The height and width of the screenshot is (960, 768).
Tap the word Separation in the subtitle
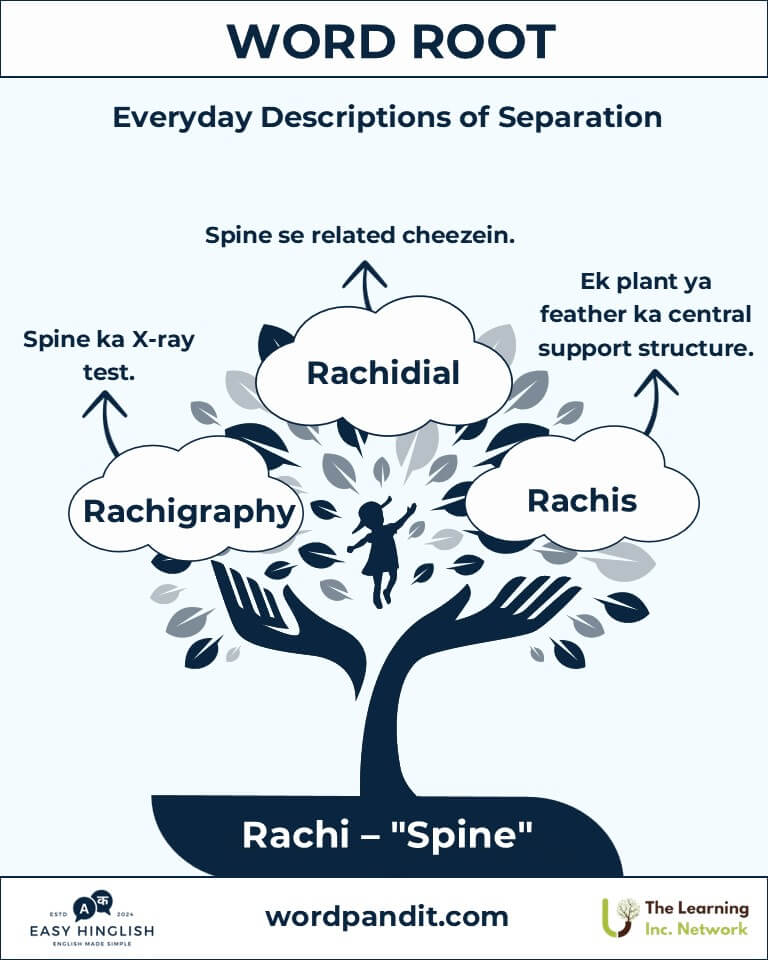click(579, 117)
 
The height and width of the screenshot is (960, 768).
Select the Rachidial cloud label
click(383, 373)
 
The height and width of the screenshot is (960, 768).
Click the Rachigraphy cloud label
click(189, 512)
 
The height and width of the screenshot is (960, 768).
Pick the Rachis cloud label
click(582, 501)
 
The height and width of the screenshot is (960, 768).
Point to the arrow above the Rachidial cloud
click(365, 285)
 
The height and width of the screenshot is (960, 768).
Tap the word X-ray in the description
click(164, 339)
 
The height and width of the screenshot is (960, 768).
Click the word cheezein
click(459, 235)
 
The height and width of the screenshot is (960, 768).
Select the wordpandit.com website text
click(387, 917)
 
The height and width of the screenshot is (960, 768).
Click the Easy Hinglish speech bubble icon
click(92, 905)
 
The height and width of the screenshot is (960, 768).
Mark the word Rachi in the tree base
click(295, 835)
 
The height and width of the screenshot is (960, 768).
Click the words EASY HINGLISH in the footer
click(92, 931)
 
